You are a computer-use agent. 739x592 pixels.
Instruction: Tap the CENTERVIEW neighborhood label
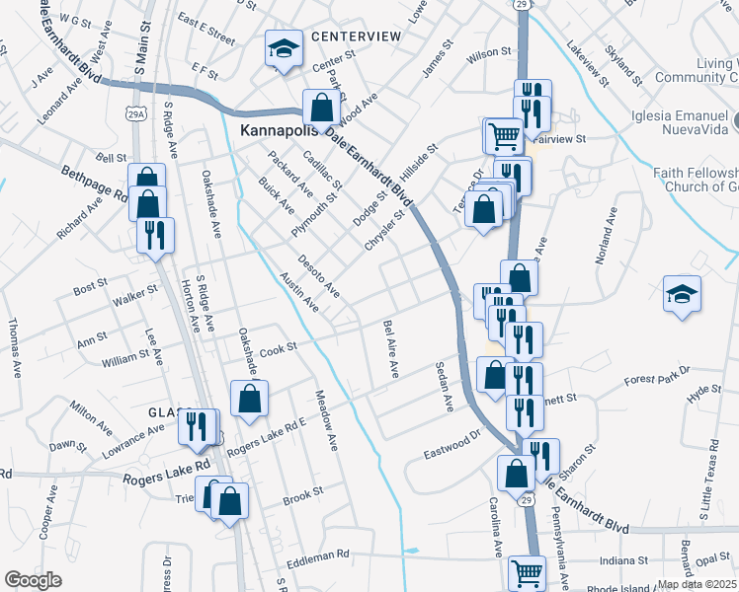[x=356, y=37]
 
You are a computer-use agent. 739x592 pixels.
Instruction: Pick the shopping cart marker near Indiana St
[x=527, y=572]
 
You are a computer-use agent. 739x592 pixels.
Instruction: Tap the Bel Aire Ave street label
[x=391, y=348]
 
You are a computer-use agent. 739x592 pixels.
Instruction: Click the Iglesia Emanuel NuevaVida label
[x=686, y=120]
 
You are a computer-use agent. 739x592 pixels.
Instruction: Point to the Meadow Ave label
[x=326, y=419]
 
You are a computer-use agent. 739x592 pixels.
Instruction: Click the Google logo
[x=34, y=579]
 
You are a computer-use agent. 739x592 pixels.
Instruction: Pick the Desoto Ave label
[x=320, y=273]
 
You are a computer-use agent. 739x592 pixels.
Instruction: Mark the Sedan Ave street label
[x=444, y=387]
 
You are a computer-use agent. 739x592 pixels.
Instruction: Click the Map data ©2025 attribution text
[x=697, y=584]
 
